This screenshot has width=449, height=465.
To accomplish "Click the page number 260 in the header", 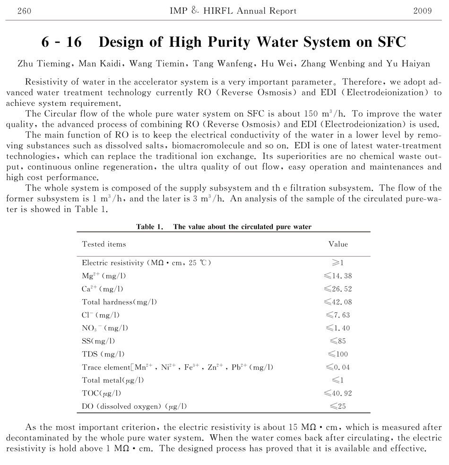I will point(24,11).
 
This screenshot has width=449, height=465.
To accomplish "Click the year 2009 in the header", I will point(422,11).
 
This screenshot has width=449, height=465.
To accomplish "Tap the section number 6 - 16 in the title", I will point(61,42).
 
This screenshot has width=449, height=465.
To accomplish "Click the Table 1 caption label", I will point(150,227).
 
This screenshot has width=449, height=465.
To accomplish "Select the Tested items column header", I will point(104,244).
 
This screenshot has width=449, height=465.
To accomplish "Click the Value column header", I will point(338,244).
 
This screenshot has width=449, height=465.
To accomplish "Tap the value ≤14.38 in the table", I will point(338,276).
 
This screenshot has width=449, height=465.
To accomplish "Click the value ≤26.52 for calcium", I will point(338,289).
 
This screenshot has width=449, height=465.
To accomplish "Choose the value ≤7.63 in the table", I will point(338,315).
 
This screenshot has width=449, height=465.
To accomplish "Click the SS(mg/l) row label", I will point(98,341).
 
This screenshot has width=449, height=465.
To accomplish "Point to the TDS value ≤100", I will point(338,354).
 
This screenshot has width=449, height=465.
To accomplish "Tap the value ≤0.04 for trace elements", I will point(338,367).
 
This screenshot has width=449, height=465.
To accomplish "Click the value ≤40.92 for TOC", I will point(338,393).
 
